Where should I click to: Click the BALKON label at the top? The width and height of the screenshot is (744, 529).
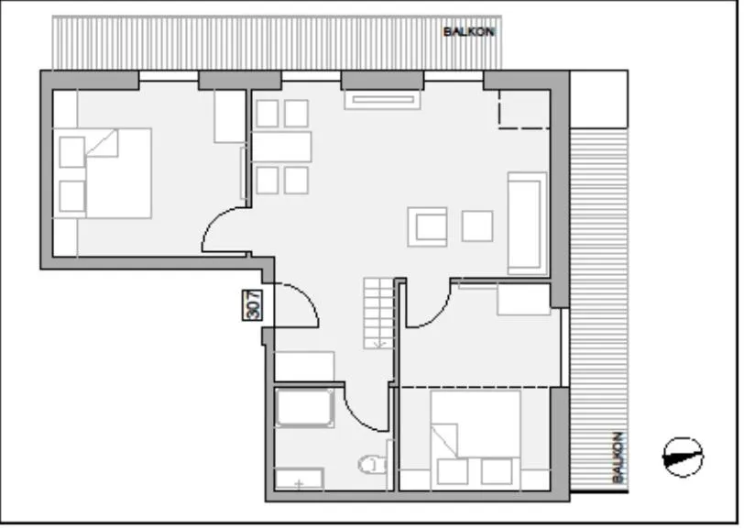(469, 31)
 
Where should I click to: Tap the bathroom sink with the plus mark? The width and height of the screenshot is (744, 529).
(300, 479)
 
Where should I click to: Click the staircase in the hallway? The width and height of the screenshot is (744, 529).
(377, 312)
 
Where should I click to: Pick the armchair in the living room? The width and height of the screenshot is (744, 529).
(429, 226)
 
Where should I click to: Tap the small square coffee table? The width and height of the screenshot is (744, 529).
(478, 226)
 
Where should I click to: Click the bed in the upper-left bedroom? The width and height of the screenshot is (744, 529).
(117, 172)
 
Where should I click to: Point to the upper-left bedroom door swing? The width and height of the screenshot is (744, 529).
(223, 230)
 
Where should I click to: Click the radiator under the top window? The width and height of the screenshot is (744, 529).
(381, 99)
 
